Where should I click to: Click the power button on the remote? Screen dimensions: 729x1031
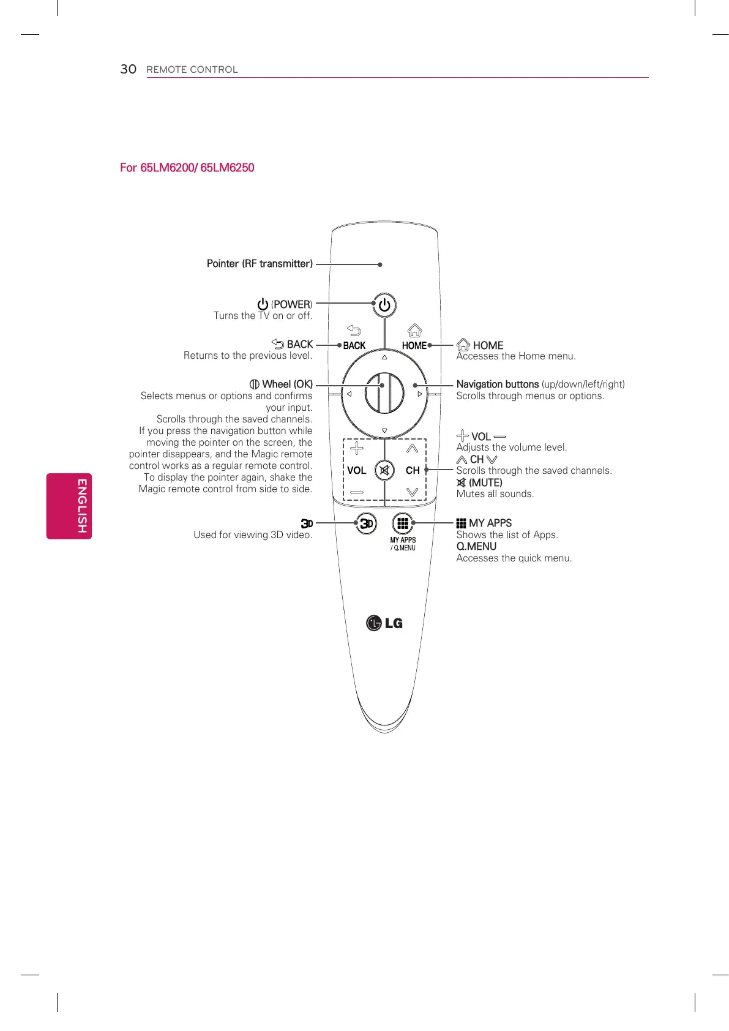click(384, 305)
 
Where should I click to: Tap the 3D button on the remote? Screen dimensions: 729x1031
click(366, 523)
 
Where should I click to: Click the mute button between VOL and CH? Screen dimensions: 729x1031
click(384, 470)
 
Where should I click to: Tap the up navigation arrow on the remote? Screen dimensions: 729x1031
click(384, 358)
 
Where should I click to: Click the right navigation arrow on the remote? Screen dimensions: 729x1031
click(420, 394)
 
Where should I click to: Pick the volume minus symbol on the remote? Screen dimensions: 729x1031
click(356, 492)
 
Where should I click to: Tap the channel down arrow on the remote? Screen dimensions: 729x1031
click(412, 492)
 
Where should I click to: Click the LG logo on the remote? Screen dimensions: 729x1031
click(384, 623)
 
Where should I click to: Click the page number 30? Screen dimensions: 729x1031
click(128, 69)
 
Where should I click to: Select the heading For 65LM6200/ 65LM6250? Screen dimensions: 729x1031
click(187, 168)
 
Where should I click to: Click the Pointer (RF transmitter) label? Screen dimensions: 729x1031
click(260, 264)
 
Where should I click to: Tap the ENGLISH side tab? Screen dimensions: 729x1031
click(69, 506)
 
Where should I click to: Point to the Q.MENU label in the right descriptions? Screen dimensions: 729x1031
click(476, 546)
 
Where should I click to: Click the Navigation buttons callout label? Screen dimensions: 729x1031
click(497, 384)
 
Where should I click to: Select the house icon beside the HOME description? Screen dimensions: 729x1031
click(463, 345)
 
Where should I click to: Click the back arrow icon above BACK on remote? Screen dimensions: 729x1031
click(354, 331)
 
